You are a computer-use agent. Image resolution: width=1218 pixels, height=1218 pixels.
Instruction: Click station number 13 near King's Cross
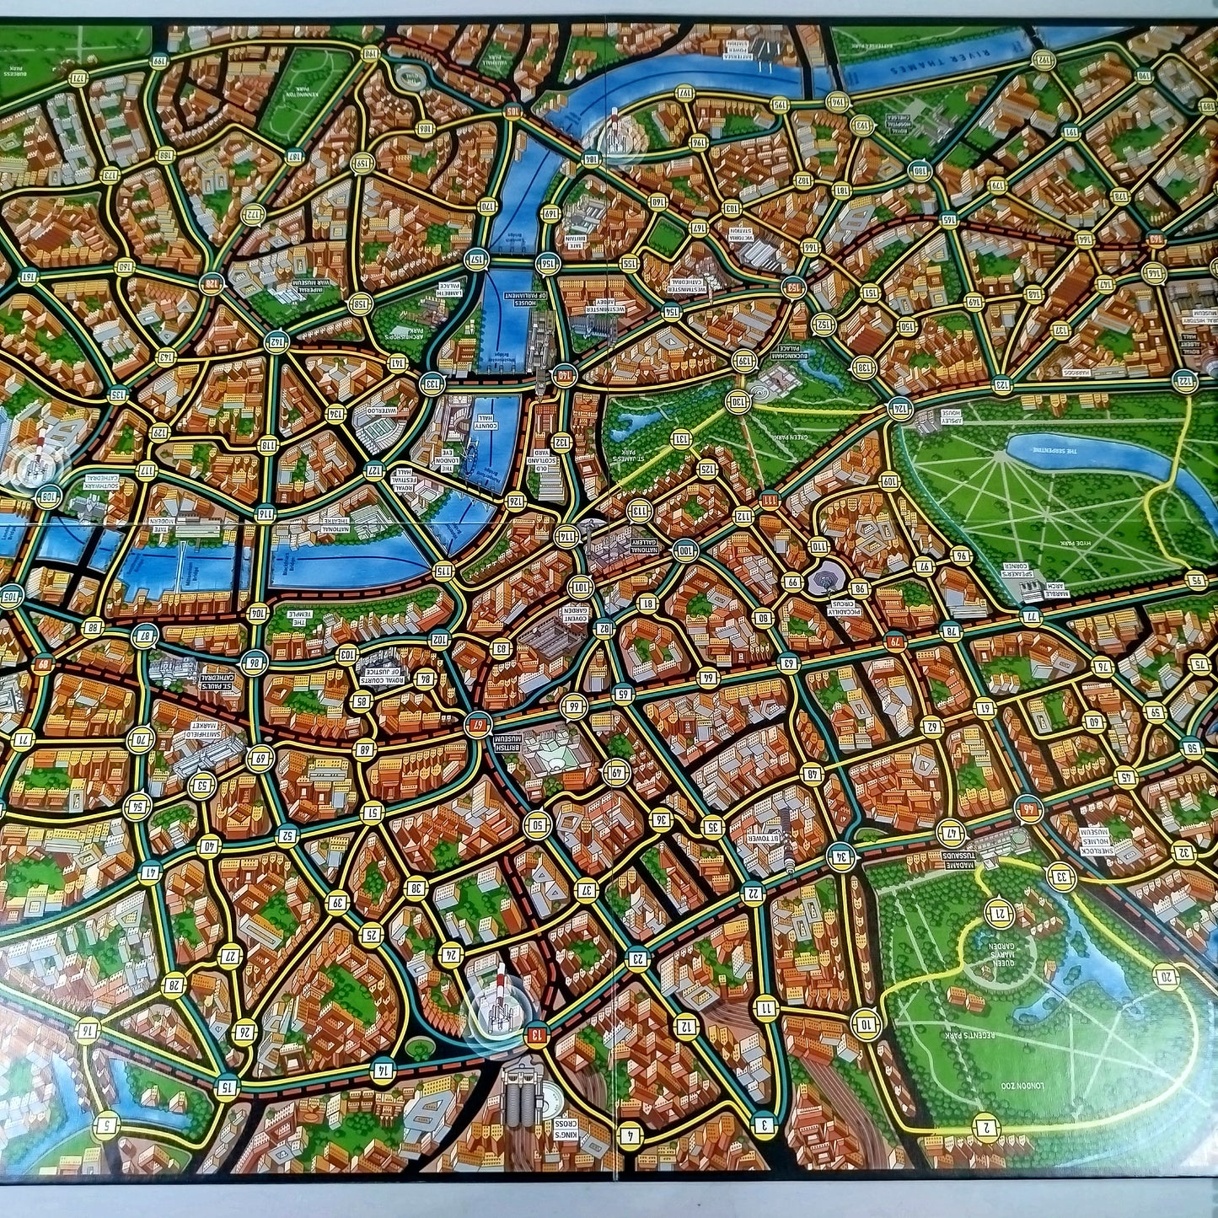[x=535, y=1033]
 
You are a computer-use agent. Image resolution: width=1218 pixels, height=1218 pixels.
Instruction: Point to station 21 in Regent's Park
[x=1000, y=912]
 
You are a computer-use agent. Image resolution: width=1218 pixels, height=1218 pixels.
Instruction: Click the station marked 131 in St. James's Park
[x=680, y=438]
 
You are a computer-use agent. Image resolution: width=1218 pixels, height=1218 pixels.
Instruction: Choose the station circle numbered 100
[x=684, y=551]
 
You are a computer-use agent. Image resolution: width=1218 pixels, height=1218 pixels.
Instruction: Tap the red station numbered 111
[x=770, y=500]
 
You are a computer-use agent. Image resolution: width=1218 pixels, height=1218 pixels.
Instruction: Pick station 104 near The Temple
[x=258, y=613]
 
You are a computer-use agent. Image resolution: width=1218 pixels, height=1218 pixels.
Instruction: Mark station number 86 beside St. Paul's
[x=252, y=663]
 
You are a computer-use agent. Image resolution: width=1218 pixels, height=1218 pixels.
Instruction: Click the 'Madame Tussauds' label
[x=958, y=859]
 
